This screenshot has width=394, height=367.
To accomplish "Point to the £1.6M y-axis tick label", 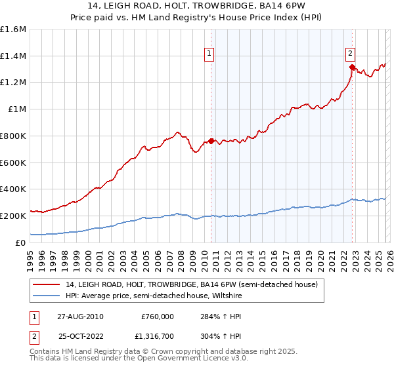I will [x=13, y=29].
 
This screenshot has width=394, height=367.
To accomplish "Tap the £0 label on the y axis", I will [x=20, y=242].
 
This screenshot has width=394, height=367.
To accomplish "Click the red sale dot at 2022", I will [x=352, y=67].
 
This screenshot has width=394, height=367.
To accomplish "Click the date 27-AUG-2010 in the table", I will [x=81, y=316].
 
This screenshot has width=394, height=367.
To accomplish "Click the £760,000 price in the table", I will [x=158, y=316].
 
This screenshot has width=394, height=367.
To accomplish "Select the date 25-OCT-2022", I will [x=81, y=336].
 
